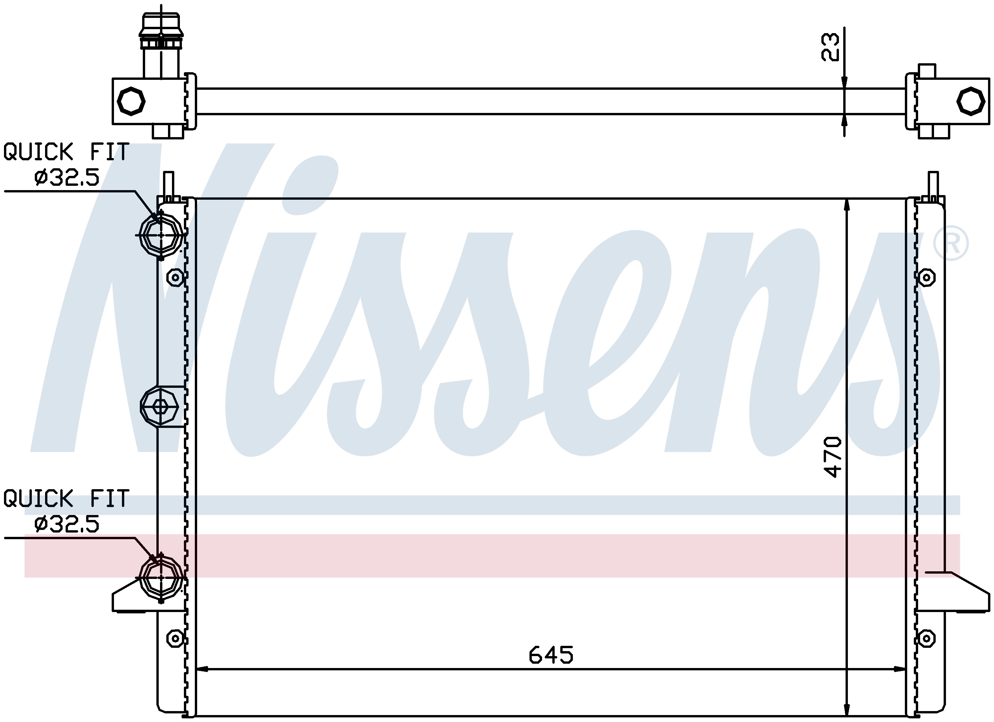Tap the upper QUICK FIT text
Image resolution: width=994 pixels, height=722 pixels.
(66, 152)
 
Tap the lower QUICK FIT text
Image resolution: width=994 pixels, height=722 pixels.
(66, 498)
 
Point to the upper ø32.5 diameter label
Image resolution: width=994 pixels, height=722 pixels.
(67, 178)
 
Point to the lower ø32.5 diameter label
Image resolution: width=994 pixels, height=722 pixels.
(67, 524)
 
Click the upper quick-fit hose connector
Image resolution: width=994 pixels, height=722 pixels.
(161, 235)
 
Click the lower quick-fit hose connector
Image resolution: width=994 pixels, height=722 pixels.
(161, 578)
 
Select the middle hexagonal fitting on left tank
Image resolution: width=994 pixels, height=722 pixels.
(159, 407)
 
